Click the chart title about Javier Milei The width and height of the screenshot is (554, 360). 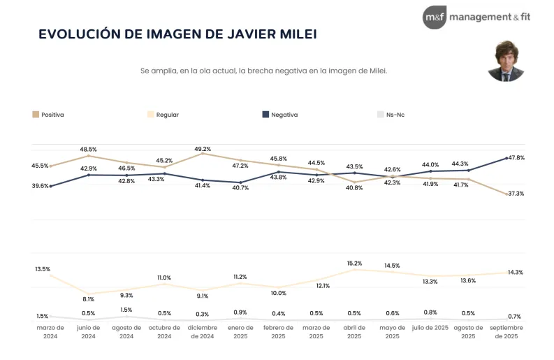coord(177,34)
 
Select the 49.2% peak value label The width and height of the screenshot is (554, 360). coord(203,148)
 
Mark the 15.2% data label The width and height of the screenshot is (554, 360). coord(354,264)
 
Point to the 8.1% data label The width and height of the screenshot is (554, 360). coord(88,299)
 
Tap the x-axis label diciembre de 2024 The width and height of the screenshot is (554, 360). coord(203,331)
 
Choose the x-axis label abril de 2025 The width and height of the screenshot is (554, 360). coord(354,331)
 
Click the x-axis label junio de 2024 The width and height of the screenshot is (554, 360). coord(88,331)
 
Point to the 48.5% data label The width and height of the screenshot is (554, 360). coord(88,149)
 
